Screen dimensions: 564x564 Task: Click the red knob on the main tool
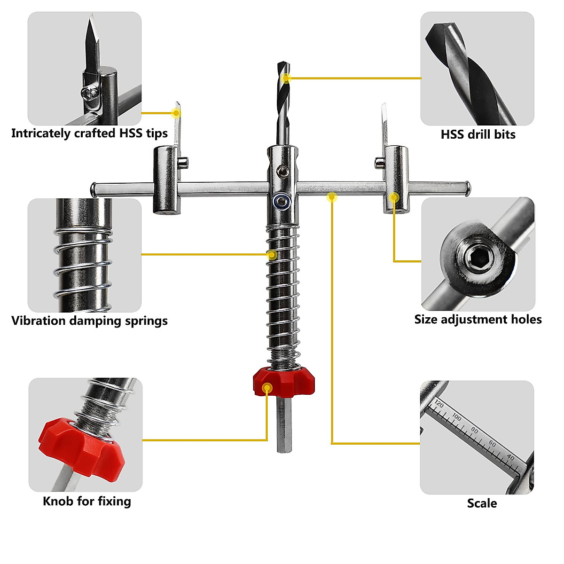(283, 382)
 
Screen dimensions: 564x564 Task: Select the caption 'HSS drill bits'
(478, 134)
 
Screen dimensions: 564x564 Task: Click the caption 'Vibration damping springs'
(89, 321)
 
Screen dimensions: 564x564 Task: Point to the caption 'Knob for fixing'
(87, 501)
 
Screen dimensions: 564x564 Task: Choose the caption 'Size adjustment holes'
(478, 320)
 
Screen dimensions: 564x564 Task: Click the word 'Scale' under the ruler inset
(482, 503)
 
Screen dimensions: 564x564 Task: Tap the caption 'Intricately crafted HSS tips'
(89, 133)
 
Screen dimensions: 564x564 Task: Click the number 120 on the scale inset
(439, 404)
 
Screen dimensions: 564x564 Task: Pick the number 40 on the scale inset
(510, 458)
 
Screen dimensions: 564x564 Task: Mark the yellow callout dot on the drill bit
(286, 78)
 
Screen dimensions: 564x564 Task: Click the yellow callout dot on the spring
(272, 255)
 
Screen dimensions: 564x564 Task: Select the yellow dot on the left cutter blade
(176, 113)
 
